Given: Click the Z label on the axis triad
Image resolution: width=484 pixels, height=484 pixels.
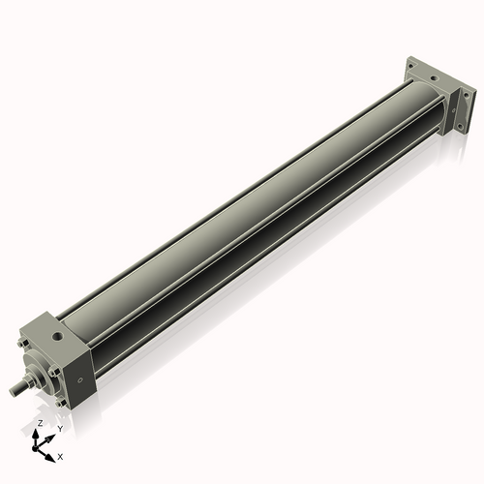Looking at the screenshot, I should tap(41, 423).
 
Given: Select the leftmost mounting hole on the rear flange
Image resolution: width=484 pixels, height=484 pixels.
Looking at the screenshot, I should tap(410, 66).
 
